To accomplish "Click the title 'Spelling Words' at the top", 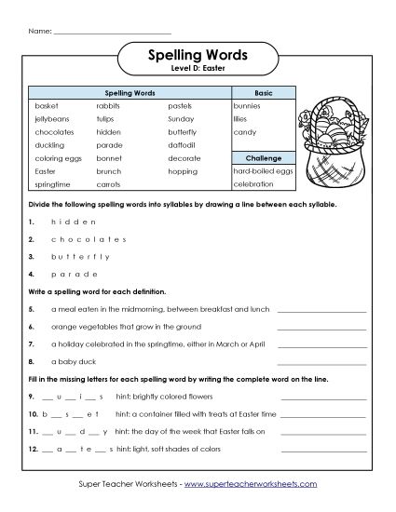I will [x=197, y=55].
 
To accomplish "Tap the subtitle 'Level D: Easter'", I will [x=197, y=70].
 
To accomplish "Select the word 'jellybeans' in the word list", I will [x=51, y=120].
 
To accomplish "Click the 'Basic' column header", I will [x=264, y=94].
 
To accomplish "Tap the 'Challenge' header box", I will [x=264, y=159].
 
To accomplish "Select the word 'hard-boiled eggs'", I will [x=264, y=172].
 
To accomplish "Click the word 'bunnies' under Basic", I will [x=249, y=107].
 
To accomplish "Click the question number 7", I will [x=32, y=343].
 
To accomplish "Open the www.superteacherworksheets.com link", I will [x=251, y=484].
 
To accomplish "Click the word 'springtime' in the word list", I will [x=53, y=185].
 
